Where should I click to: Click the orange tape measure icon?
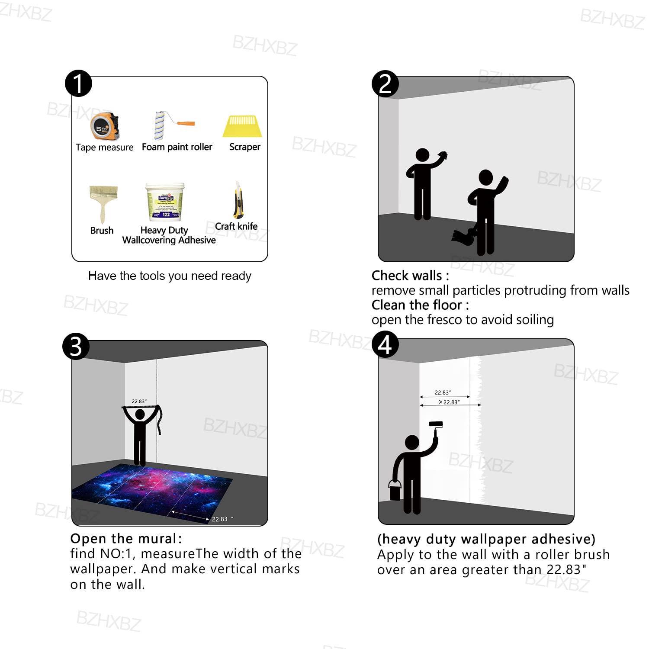click(x=105, y=126)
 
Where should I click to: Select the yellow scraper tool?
click(x=242, y=126)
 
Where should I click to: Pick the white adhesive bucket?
click(x=165, y=202)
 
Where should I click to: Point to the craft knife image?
click(x=238, y=201)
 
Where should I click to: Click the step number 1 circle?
click(x=78, y=84)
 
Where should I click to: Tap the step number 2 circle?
click(x=385, y=84)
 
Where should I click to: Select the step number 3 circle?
click(x=76, y=346)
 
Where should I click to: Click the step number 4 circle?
click(x=385, y=345)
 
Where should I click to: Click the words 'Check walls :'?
click(x=410, y=276)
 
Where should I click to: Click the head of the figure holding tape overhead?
click(x=140, y=414)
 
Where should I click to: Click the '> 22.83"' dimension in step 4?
click(x=449, y=402)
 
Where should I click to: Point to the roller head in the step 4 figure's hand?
click(x=436, y=424)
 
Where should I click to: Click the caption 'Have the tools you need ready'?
click(x=170, y=276)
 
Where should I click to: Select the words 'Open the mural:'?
click(x=126, y=539)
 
